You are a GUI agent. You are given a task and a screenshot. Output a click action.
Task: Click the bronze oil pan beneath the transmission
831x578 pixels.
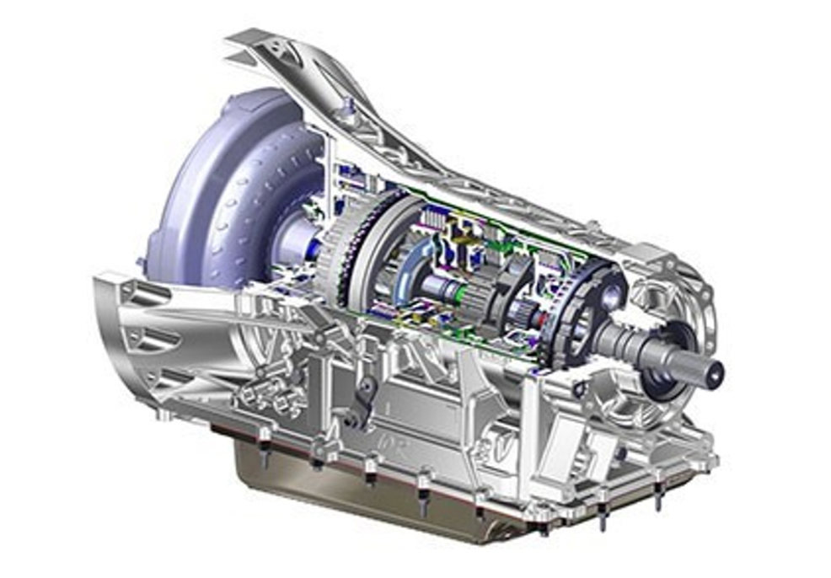tap(379, 489)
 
